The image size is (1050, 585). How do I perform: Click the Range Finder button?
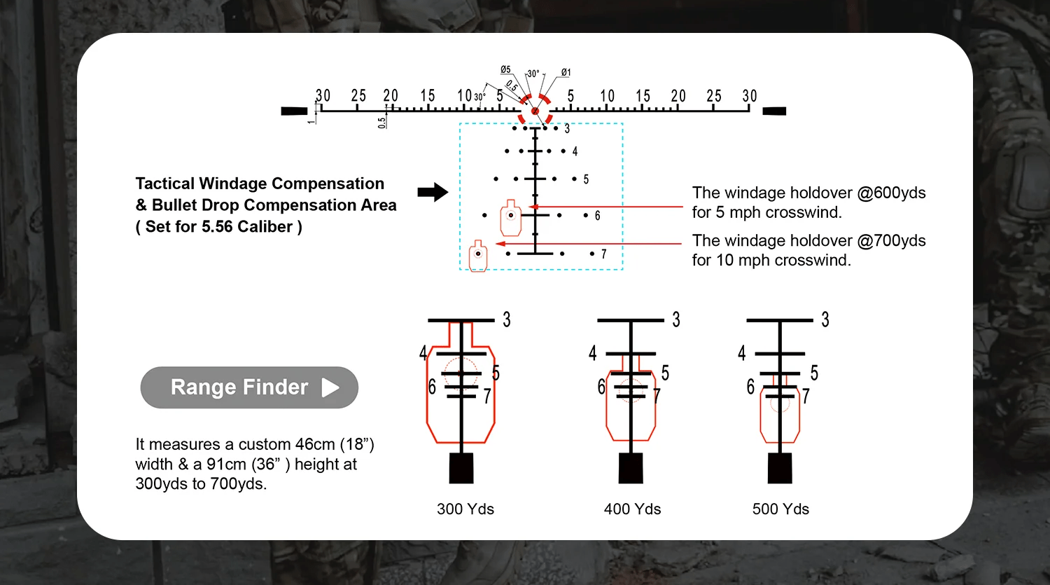tap(249, 387)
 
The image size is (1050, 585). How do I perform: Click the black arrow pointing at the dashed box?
tap(433, 192)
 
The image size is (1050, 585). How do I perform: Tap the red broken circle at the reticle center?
tap(535, 111)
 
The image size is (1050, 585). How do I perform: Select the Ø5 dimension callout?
tap(505, 70)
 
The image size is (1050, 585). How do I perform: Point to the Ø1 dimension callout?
tap(566, 73)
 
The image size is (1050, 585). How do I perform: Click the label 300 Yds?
tap(465, 509)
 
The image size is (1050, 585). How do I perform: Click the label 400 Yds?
tap(632, 509)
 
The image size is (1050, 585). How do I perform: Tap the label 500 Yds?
tap(780, 509)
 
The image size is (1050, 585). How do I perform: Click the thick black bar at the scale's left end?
tap(294, 111)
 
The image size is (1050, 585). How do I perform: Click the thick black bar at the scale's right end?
tap(774, 111)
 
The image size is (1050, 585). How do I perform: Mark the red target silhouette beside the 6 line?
tap(511, 218)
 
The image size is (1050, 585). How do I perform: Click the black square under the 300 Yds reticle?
tap(461, 468)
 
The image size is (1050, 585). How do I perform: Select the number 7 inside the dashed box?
tap(603, 254)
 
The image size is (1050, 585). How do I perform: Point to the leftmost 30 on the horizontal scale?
tap(323, 96)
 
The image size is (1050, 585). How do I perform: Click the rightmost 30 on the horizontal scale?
tap(750, 96)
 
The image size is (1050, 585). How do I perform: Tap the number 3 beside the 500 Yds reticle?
tap(825, 320)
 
